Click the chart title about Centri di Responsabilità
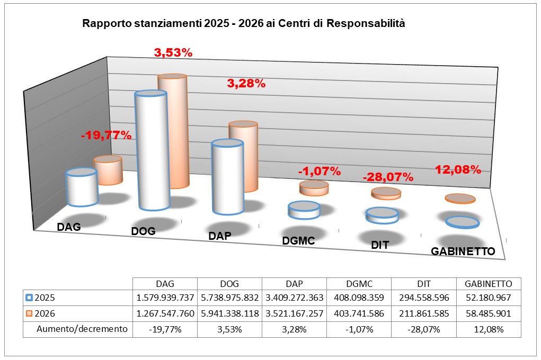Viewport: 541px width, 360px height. pos(243,24)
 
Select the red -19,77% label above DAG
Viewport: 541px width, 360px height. pos(106,135)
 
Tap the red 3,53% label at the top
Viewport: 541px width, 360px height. pos(173,52)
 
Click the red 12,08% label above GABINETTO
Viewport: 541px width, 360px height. pos(458,170)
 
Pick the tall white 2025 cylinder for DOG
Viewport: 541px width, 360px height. pos(152,151)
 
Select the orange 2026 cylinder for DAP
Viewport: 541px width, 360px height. pos(243,157)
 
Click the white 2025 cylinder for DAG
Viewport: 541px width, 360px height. pos(82,188)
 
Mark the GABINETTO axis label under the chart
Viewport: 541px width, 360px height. pos(463,251)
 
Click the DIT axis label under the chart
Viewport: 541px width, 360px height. pos(380,246)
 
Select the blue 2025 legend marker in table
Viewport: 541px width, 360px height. pos(29,298)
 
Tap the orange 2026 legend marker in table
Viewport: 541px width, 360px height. pos(29,313)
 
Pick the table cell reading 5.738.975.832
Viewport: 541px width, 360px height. pos(229,298)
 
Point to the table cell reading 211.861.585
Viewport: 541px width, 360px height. pos(423,313)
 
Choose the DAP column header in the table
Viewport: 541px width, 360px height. pos(294,284)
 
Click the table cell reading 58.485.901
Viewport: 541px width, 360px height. pos(489,313)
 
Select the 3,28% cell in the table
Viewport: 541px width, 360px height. pos(294,329)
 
